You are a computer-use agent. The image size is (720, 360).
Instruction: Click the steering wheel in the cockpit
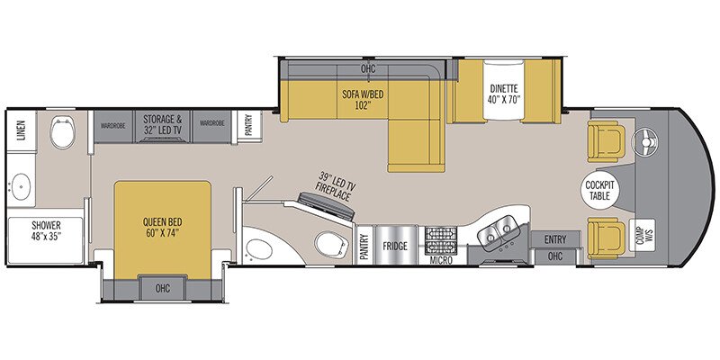(x=643, y=140)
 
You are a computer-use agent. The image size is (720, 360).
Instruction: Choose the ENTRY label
(x=554, y=239)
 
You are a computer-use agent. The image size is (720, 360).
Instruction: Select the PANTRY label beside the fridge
(x=364, y=245)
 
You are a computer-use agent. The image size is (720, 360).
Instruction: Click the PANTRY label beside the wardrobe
(x=247, y=122)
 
